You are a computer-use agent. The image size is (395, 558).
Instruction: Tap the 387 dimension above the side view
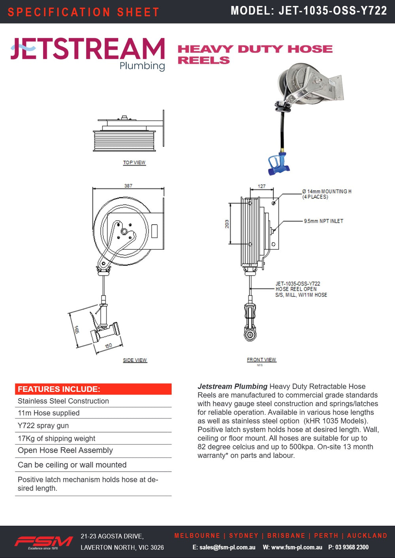(x=128, y=185)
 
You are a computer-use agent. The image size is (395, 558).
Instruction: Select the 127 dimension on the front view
(x=261, y=186)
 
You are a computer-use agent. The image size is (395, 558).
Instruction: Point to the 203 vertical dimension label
(x=227, y=224)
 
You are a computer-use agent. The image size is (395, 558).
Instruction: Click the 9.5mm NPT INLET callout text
(x=323, y=221)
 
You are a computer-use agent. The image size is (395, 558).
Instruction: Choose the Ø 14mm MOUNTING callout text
(x=326, y=194)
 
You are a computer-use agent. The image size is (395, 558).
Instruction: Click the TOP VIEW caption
(x=134, y=163)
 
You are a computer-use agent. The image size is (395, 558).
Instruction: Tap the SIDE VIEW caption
(x=135, y=360)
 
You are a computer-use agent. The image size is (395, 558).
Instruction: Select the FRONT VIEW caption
(x=261, y=360)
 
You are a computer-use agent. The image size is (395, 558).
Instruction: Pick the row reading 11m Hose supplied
(x=49, y=413)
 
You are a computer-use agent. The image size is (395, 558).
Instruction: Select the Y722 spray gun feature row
(x=43, y=425)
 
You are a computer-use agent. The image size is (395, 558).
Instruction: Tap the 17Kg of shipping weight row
(x=56, y=438)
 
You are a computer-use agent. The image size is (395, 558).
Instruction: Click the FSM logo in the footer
(x=43, y=541)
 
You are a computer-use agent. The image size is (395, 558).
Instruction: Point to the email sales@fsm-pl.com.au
(x=224, y=547)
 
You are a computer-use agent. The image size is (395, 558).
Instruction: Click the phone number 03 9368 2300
(x=352, y=547)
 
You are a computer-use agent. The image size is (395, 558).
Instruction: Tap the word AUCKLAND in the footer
(x=367, y=536)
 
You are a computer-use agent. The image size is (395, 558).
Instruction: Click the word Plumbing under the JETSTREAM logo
(x=142, y=66)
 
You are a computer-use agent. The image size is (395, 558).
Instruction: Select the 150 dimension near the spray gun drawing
(x=108, y=346)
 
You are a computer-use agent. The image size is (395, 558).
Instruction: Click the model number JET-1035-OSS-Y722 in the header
(x=333, y=11)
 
